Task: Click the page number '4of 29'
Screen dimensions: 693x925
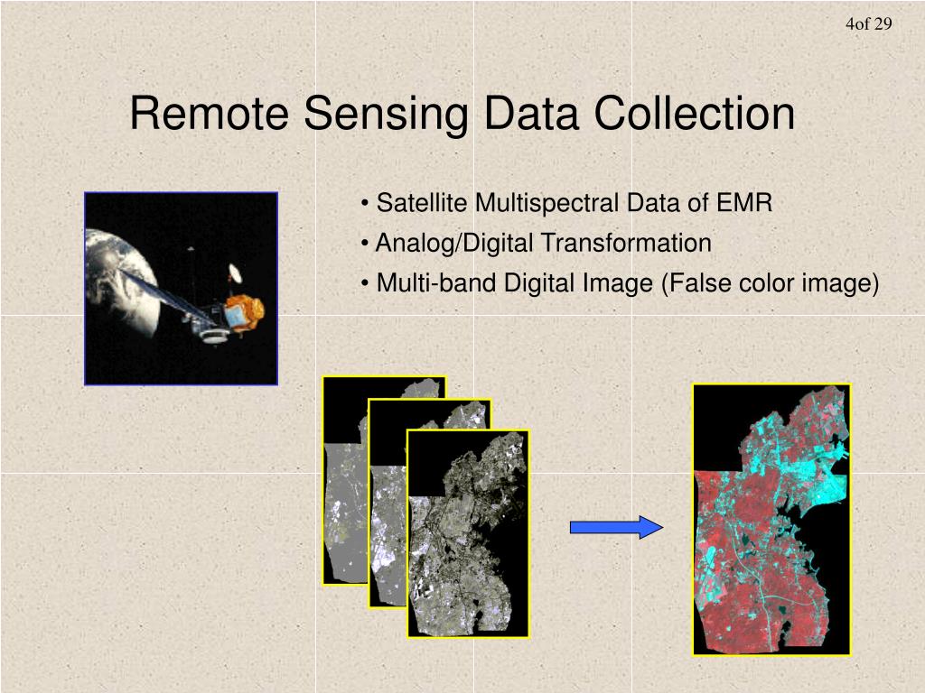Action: (868, 24)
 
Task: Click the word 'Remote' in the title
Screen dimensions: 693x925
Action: (210, 115)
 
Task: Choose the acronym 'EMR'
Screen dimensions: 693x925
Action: (744, 203)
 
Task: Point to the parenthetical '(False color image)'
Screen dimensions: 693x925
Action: (771, 283)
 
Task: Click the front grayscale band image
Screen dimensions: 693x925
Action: (467, 533)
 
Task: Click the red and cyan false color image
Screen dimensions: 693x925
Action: (771, 519)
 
